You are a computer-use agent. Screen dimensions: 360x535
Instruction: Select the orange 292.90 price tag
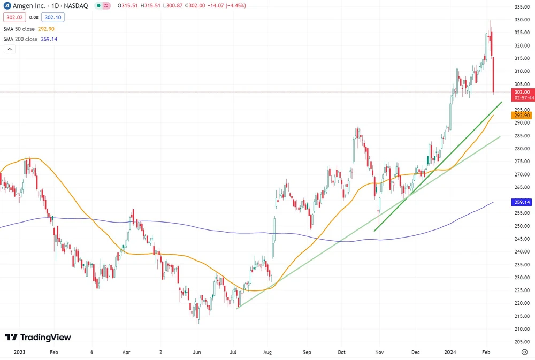pos(522,116)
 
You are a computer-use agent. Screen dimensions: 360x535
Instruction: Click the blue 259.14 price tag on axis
pos(522,203)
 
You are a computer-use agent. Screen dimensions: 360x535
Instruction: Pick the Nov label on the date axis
pos(379,353)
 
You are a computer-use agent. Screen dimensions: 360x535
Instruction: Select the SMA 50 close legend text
pos(19,29)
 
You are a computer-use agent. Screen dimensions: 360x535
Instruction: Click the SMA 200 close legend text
pos(20,39)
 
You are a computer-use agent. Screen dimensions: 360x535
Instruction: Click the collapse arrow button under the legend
pos(9,49)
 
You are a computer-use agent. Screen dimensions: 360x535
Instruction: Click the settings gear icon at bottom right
pos(524,353)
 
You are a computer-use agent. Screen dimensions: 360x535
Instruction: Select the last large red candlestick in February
pos(493,75)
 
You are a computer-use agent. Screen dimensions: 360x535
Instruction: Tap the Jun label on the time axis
pos(196,353)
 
